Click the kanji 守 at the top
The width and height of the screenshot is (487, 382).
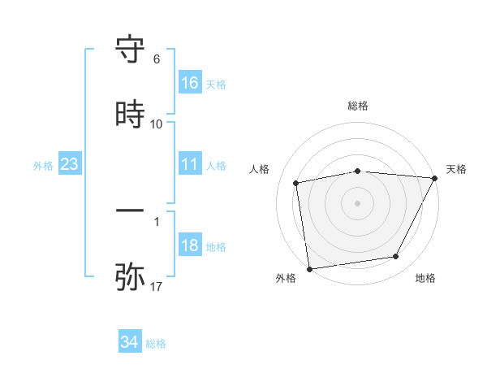(130, 50)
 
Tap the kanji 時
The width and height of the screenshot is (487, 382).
(130, 115)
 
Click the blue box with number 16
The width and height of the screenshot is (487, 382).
(190, 82)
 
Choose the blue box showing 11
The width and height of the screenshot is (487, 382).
(190, 164)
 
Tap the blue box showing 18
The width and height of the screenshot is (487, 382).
(190, 245)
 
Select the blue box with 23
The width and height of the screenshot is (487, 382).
(70, 164)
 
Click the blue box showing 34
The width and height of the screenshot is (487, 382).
(130, 342)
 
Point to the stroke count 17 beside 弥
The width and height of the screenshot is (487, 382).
(157, 286)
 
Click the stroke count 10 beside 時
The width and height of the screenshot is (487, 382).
(157, 124)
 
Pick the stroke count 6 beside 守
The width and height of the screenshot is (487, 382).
(157, 59)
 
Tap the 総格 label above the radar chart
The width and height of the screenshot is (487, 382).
(358, 106)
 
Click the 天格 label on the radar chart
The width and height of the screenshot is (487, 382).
(456, 169)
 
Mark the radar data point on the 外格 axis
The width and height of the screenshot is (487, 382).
(309, 268)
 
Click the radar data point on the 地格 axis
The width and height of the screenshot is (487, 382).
(396, 257)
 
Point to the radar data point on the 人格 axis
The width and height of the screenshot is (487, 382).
(296, 183)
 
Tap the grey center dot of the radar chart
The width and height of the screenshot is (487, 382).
(358, 202)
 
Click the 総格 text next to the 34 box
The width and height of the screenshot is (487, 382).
(156, 344)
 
